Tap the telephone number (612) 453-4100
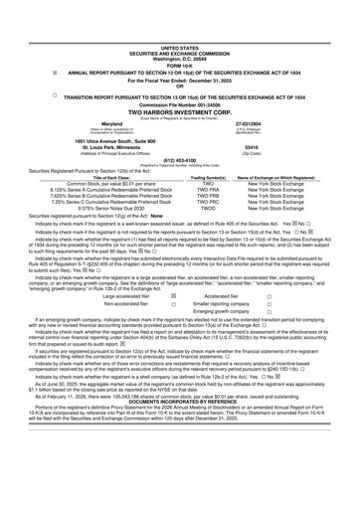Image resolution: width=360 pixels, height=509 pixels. (180, 158)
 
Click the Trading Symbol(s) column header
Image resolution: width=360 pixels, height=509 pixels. (181, 178)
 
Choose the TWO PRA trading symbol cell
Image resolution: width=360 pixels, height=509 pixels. (181, 191)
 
